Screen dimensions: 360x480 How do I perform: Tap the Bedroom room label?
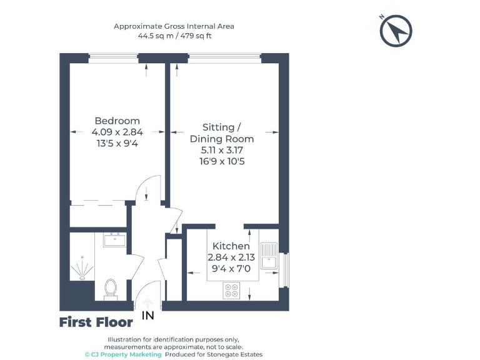click(x=117, y=121)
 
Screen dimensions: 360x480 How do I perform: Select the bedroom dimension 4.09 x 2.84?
click(x=117, y=132)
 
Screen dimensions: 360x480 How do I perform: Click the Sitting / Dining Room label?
click(x=222, y=132)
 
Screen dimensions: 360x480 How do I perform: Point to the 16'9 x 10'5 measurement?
click(x=222, y=161)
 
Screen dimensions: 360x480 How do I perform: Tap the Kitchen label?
click(x=231, y=246)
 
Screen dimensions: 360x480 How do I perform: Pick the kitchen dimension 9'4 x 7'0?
click(x=231, y=269)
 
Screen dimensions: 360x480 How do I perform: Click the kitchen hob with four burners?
click(x=232, y=290)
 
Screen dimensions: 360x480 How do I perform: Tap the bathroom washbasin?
click(x=114, y=239)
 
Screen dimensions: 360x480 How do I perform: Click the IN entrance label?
click(x=148, y=316)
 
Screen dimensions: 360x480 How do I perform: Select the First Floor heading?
click(x=96, y=322)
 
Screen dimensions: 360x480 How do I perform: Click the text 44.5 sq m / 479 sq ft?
click(x=174, y=36)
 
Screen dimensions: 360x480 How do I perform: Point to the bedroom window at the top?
click(x=113, y=58)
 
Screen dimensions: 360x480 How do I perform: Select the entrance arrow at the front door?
click(x=147, y=302)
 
